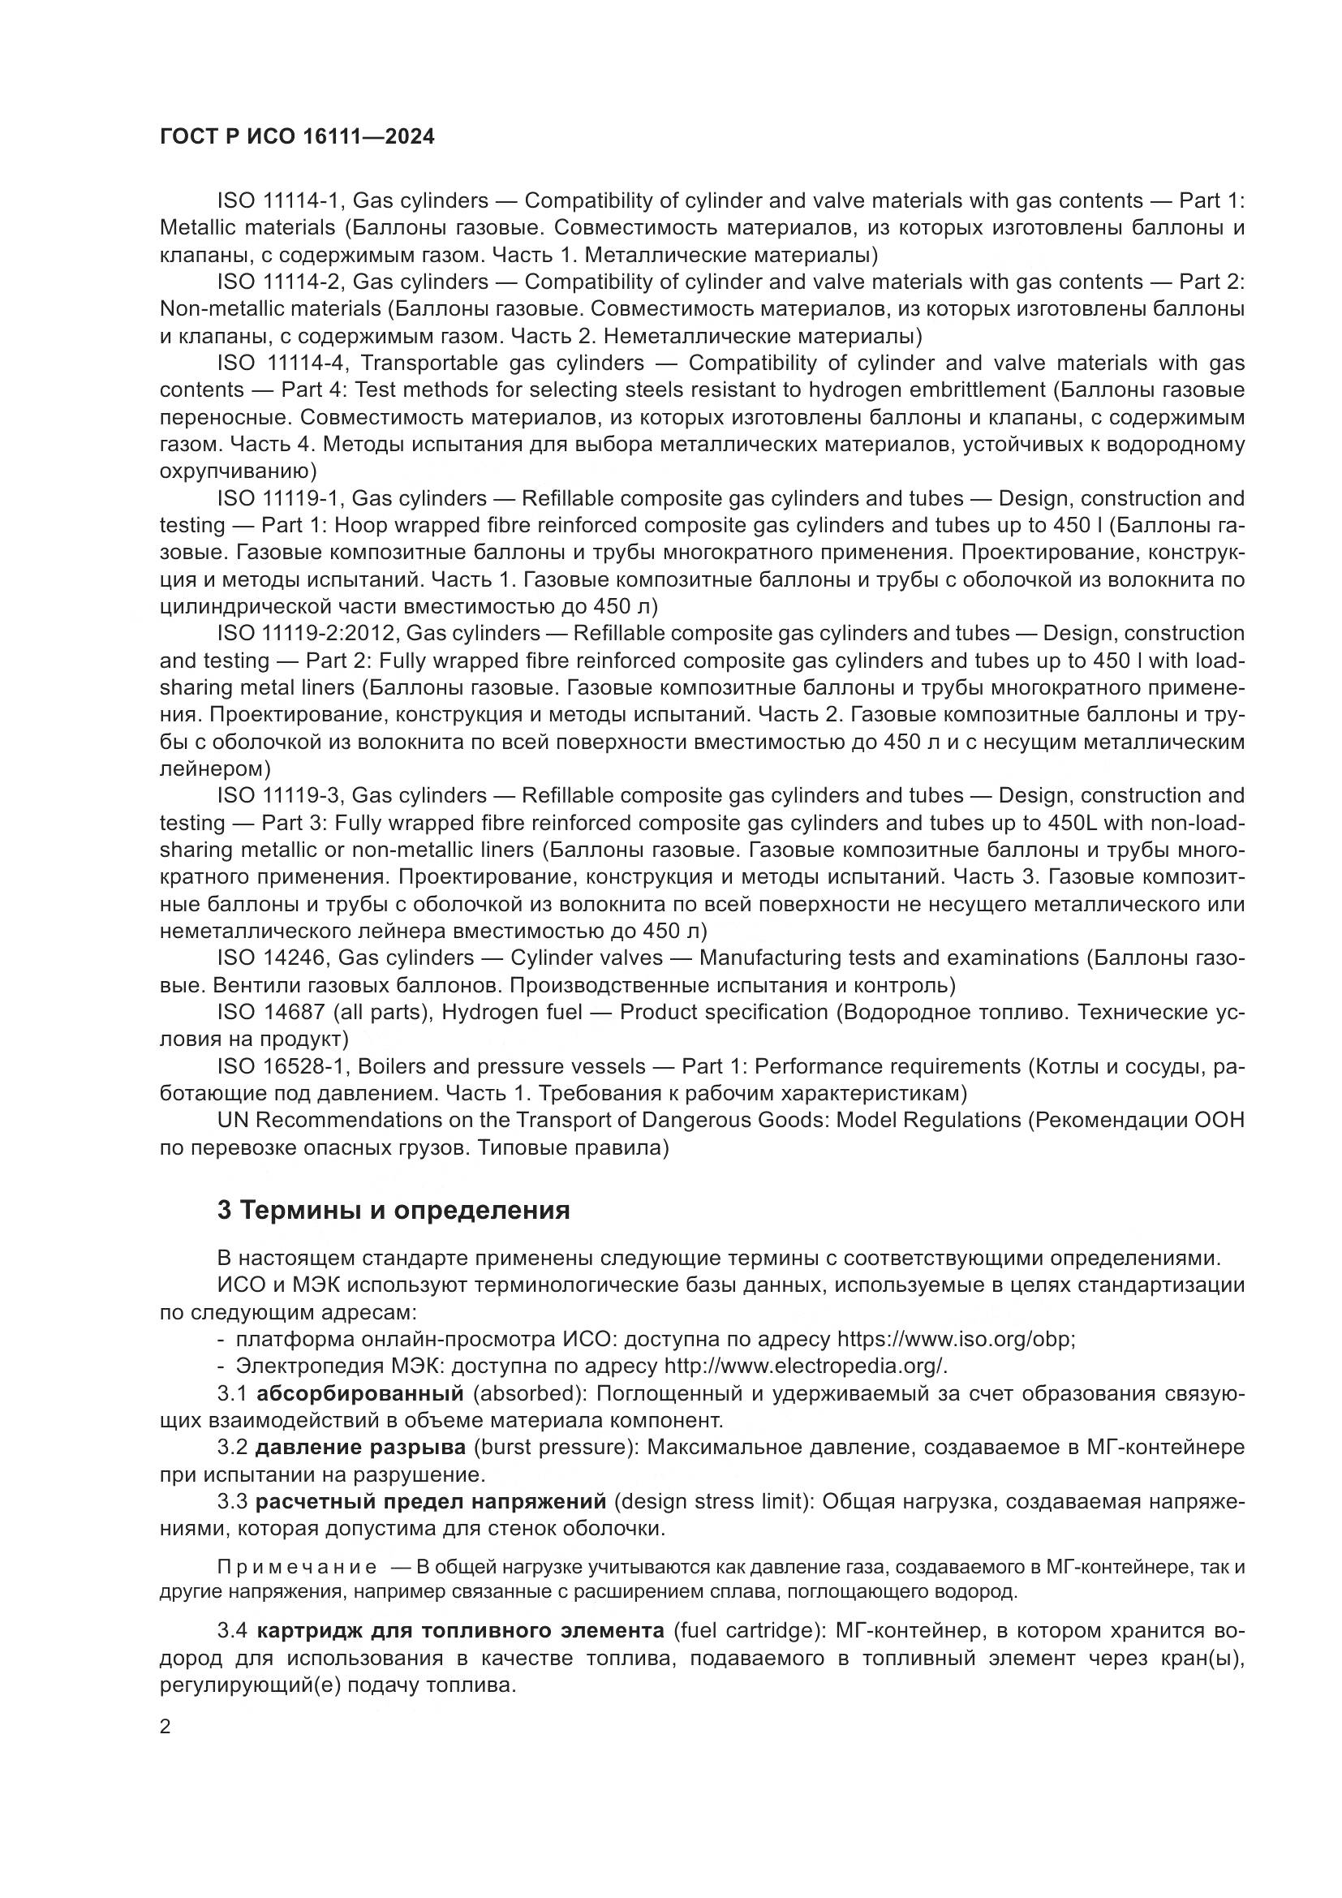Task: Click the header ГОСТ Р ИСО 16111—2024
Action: (297, 137)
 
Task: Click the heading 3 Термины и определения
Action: (394, 1210)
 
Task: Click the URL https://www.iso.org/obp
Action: (955, 1339)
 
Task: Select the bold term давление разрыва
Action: (360, 1448)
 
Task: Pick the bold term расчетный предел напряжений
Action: (432, 1501)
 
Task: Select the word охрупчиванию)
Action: (238, 471)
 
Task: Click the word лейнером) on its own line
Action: (215, 768)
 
